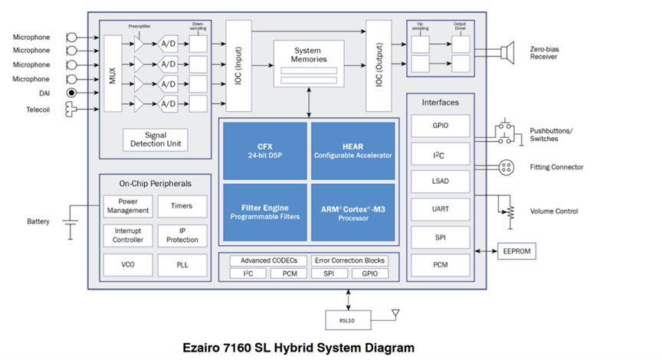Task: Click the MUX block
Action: [112, 74]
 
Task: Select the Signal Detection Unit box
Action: [156, 140]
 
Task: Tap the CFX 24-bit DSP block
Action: [264, 150]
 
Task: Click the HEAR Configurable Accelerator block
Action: [352, 150]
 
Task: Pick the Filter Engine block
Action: [264, 211]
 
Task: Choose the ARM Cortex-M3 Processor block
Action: [352, 211]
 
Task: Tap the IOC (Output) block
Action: [379, 66]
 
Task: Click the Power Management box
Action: [128, 206]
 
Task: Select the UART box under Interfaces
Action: [440, 208]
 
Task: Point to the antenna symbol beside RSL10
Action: [395, 314]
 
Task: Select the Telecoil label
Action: [32, 110]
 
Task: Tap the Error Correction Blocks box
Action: [349, 260]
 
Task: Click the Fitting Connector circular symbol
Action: [505, 167]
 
